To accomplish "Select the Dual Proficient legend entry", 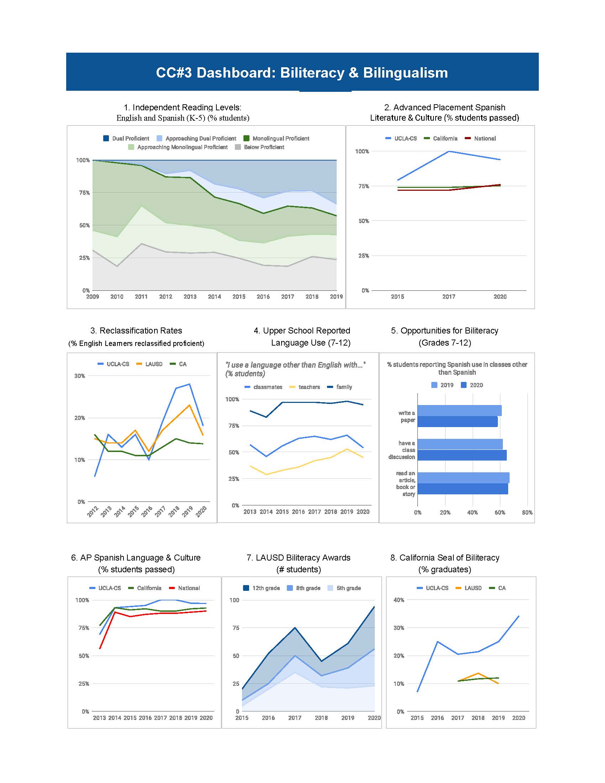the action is (126, 138).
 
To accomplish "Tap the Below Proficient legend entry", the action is (259, 147).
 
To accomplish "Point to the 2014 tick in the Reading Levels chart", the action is (214, 296).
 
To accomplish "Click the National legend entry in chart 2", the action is (480, 138).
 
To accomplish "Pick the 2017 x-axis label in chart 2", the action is (449, 296).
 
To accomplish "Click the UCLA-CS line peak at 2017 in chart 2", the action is (449, 151).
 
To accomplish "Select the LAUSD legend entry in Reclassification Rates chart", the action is (149, 364).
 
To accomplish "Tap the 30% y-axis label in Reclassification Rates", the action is (80, 376).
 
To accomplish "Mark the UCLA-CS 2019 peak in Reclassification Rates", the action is (189, 384).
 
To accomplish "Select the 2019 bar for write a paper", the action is (459, 410).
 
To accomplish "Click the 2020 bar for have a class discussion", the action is (462, 455).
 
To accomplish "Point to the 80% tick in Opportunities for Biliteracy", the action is (527, 512).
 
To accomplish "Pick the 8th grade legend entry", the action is (304, 588).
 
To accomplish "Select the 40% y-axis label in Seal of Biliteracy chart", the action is (399, 600).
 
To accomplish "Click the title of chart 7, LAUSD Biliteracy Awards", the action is (299, 557).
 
